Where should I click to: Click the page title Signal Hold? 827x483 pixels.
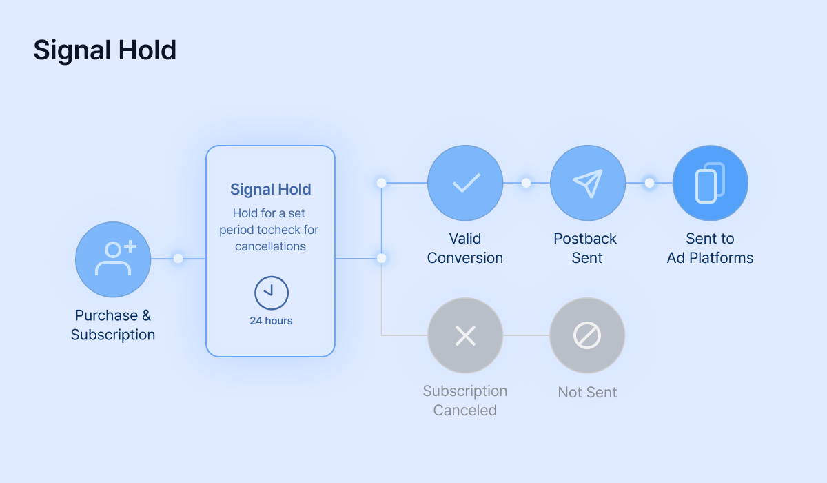tap(105, 50)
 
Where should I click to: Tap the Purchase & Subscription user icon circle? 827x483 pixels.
tap(113, 259)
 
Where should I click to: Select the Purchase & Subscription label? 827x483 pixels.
tap(113, 325)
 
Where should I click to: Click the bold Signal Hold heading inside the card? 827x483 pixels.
tap(271, 190)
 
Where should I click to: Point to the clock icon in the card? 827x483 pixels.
tap(272, 293)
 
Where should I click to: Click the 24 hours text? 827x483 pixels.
tap(271, 320)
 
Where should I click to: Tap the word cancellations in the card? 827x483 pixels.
tap(270, 246)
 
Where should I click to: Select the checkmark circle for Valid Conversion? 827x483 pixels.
tap(465, 183)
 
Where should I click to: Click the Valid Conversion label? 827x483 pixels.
tap(465, 248)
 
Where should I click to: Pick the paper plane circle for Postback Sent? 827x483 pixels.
tap(588, 183)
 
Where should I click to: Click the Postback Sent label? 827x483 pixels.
tap(585, 248)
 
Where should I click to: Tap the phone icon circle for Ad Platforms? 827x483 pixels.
tap(711, 183)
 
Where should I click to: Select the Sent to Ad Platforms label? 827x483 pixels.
tap(710, 248)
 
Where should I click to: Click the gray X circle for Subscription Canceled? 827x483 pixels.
tap(465, 335)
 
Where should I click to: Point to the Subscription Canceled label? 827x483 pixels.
tap(465, 401)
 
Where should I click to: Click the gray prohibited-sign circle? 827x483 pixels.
tap(587, 335)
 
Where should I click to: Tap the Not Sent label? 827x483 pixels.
tap(587, 392)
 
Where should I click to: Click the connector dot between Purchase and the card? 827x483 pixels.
tap(178, 258)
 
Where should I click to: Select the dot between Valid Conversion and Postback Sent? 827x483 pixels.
tap(526, 183)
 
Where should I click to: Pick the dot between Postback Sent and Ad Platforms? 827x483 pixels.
tap(649, 183)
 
